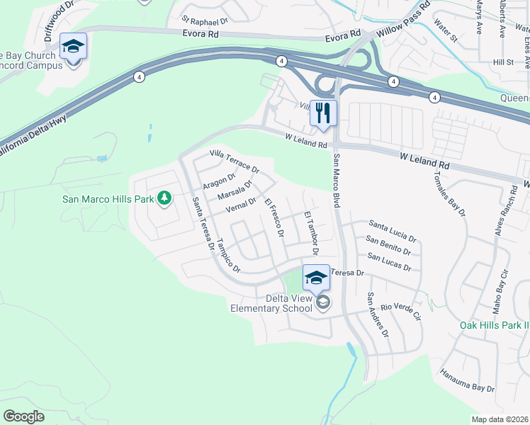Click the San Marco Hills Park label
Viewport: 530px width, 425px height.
(108, 199)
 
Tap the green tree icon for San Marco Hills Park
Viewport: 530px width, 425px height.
(164, 198)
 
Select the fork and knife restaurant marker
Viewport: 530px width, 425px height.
(324, 113)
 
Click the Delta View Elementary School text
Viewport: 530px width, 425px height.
(271, 303)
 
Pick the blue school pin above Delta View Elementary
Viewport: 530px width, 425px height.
(316, 277)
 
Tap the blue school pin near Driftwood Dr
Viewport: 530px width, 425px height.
(73, 47)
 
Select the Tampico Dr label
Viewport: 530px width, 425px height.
(230, 255)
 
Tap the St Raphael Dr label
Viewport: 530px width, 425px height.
(205, 21)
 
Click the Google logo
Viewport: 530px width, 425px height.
(23, 416)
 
